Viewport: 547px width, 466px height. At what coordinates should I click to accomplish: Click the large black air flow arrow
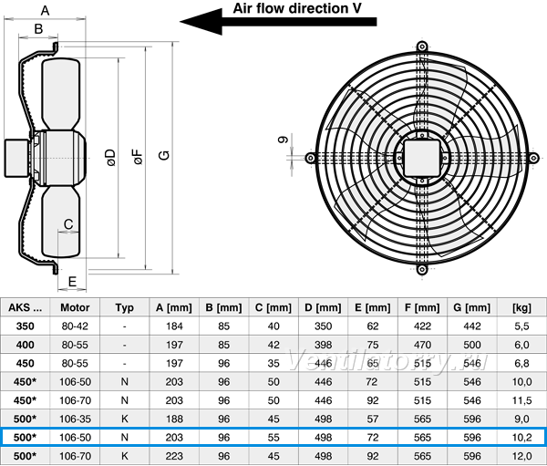278,22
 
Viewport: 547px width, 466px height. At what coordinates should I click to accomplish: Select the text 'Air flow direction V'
297,8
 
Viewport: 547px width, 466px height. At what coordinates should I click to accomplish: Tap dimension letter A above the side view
45,10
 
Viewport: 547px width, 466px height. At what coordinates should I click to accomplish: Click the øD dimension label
110,158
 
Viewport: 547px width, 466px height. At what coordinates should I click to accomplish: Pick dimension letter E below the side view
72,282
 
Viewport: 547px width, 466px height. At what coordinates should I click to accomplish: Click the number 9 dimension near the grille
284,140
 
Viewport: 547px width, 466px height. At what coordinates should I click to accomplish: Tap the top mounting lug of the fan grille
422,47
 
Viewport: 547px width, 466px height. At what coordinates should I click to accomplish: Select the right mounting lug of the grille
533,158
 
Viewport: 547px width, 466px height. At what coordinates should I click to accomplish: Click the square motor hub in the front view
422,158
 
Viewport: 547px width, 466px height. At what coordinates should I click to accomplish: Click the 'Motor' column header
75,307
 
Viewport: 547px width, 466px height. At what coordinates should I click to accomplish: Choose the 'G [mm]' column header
472,307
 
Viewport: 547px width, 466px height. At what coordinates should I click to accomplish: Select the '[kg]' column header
521,307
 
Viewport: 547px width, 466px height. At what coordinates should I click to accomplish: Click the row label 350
26,326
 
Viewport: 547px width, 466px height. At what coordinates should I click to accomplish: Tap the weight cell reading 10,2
521,437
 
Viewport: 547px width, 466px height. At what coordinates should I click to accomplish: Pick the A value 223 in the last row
174,456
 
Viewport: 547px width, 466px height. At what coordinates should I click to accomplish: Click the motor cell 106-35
75,419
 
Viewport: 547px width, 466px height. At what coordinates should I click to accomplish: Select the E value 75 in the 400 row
373,345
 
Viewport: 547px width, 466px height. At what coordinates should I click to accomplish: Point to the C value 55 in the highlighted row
273,437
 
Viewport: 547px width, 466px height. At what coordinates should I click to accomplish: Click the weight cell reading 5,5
521,326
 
